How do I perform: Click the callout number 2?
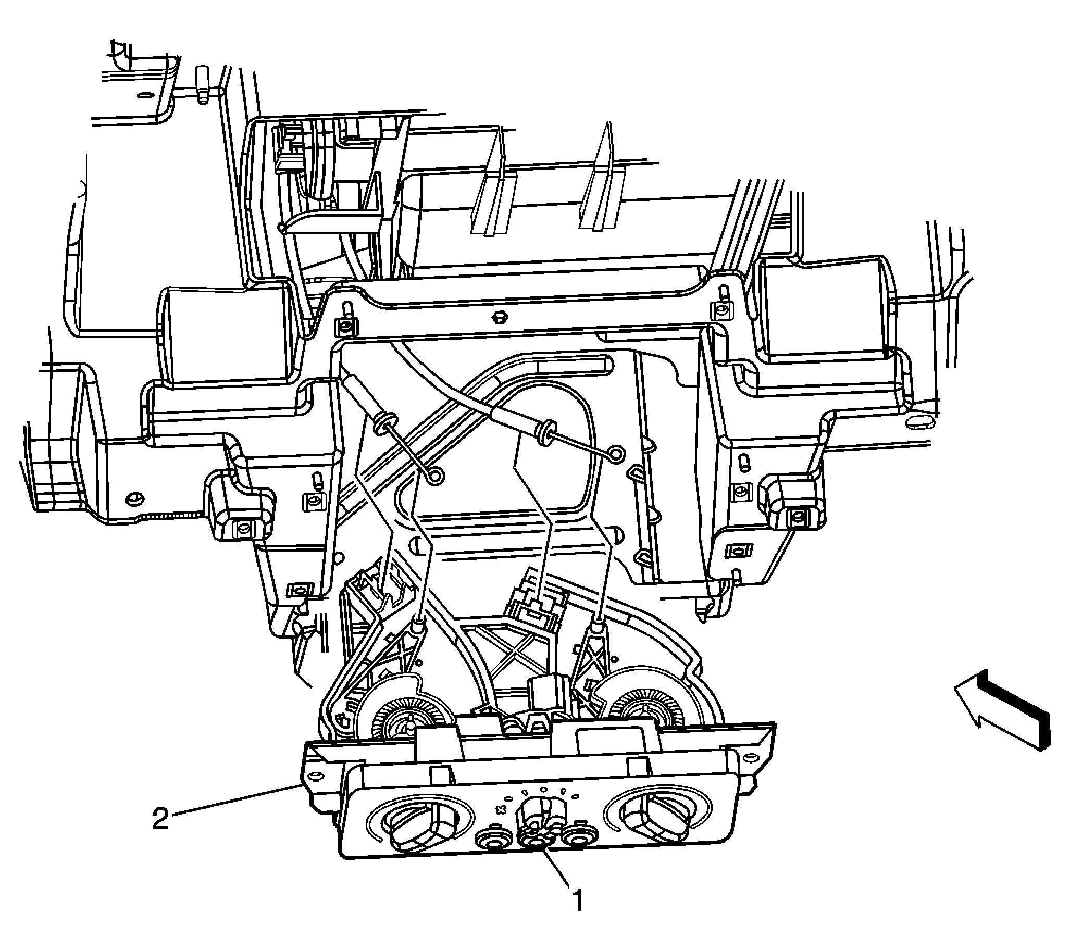pyautogui.click(x=160, y=818)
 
